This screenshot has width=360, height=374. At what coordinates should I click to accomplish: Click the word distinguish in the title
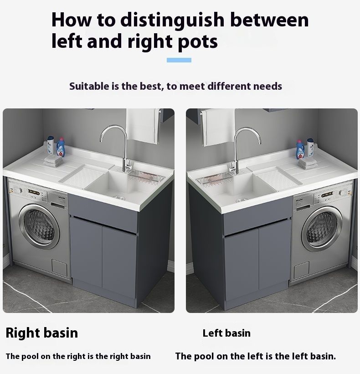pyautogui.click(x=172, y=20)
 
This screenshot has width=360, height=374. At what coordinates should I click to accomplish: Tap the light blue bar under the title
pyautogui.click(x=179, y=60)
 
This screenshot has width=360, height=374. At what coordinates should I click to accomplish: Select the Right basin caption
pyautogui.click(x=42, y=333)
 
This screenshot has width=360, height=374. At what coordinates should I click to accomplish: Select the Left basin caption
pyautogui.click(x=226, y=333)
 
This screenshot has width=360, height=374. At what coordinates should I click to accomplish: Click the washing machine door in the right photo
pyautogui.click(x=322, y=229)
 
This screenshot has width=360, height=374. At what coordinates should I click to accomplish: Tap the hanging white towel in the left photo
pyautogui.click(x=142, y=125)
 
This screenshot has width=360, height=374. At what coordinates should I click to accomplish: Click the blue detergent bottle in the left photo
pyautogui.click(x=61, y=147)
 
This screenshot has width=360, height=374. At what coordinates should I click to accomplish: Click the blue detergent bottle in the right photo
pyautogui.click(x=300, y=149)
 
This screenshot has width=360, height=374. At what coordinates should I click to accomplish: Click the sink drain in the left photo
pyautogui.click(x=119, y=198)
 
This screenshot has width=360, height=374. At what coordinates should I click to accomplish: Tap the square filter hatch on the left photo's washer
pyautogui.click(x=60, y=267)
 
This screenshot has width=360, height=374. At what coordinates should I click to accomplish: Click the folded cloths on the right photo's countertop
pyautogui.click(x=307, y=164)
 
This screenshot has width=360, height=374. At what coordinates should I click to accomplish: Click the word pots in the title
pyautogui.click(x=198, y=42)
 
